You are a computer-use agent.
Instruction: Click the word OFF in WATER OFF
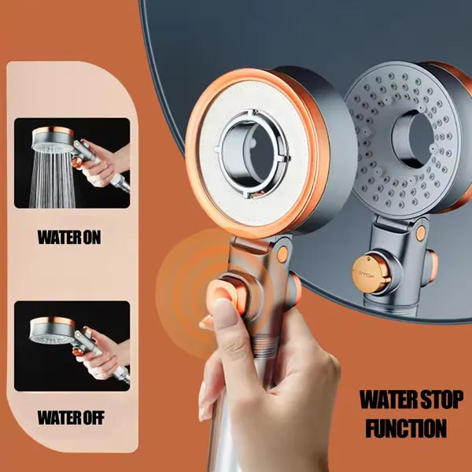point(94,417)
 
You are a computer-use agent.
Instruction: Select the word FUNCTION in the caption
point(405,429)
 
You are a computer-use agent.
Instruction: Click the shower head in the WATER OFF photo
point(52,330)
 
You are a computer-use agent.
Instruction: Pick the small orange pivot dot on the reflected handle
point(422,232)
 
